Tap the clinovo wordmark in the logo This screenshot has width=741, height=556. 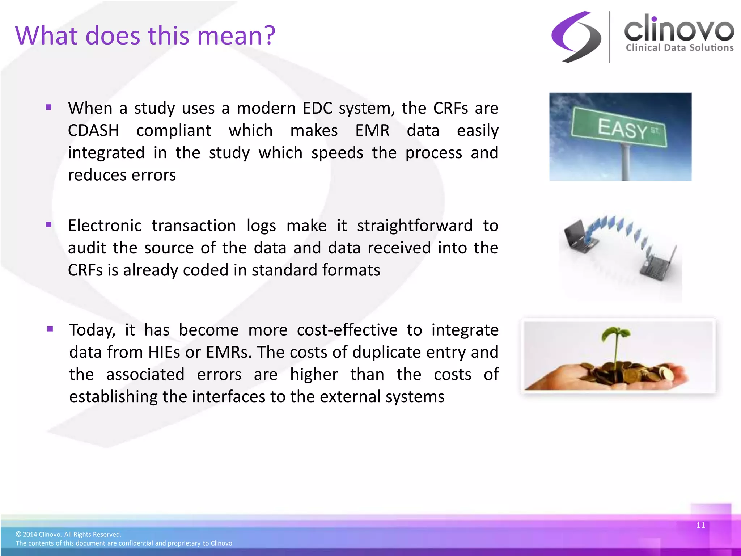(679, 29)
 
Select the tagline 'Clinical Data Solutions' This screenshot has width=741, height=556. (679, 48)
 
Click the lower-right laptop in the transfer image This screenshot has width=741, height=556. (657, 266)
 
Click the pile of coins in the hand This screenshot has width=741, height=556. (630, 375)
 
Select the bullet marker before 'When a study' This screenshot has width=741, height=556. (49, 108)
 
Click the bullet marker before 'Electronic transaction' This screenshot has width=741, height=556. (49, 225)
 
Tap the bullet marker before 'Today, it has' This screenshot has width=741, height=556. (50, 329)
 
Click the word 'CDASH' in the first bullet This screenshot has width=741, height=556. (93, 131)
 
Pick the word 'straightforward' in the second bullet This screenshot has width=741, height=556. (415, 226)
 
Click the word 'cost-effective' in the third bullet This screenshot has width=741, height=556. (347, 330)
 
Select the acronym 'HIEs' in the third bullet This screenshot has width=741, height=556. (164, 352)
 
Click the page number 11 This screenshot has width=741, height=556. (700, 525)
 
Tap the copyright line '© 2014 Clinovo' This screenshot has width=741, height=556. (68, 534)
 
